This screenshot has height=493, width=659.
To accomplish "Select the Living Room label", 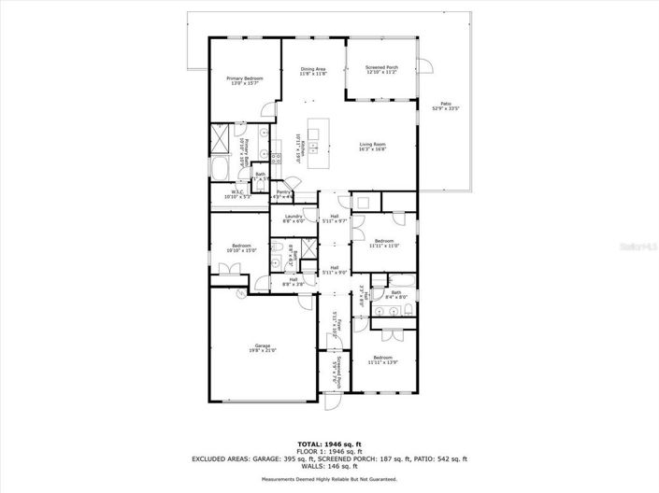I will (x=373, y=144).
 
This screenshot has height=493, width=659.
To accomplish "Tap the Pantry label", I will (x=282, y=192).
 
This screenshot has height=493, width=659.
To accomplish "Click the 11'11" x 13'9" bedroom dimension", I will (x=382, y=362).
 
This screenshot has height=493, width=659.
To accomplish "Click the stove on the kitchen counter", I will (x=278, y=158).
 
